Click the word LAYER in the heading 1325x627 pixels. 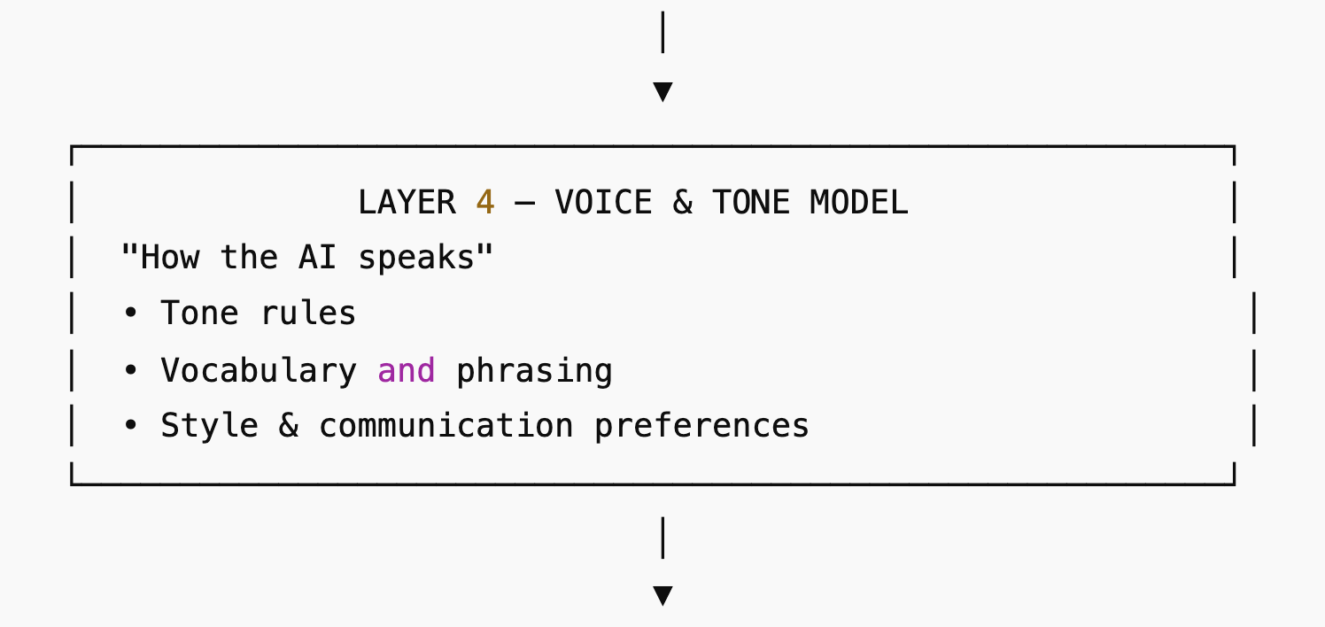click(407, 203)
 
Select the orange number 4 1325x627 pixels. click(484, 203)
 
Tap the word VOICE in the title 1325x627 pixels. click(603, 203)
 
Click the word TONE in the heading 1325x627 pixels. click(750, 203)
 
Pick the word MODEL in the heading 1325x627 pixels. click(859, 203)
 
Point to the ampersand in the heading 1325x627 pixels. click(682, 203)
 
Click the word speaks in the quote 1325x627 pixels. click(425, 258)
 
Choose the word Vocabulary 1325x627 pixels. click(259, 370)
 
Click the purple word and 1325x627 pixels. click(407, 370)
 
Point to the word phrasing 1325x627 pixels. click(534, 370)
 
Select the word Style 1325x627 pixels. click(210, 426)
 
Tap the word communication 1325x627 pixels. click(446, 426)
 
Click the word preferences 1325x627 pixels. click(701, 426)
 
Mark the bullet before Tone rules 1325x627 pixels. click(130, 313)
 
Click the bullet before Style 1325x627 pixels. click(130, 426)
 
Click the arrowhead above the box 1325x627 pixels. click(662, 91)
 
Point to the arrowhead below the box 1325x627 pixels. click(662, 594)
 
